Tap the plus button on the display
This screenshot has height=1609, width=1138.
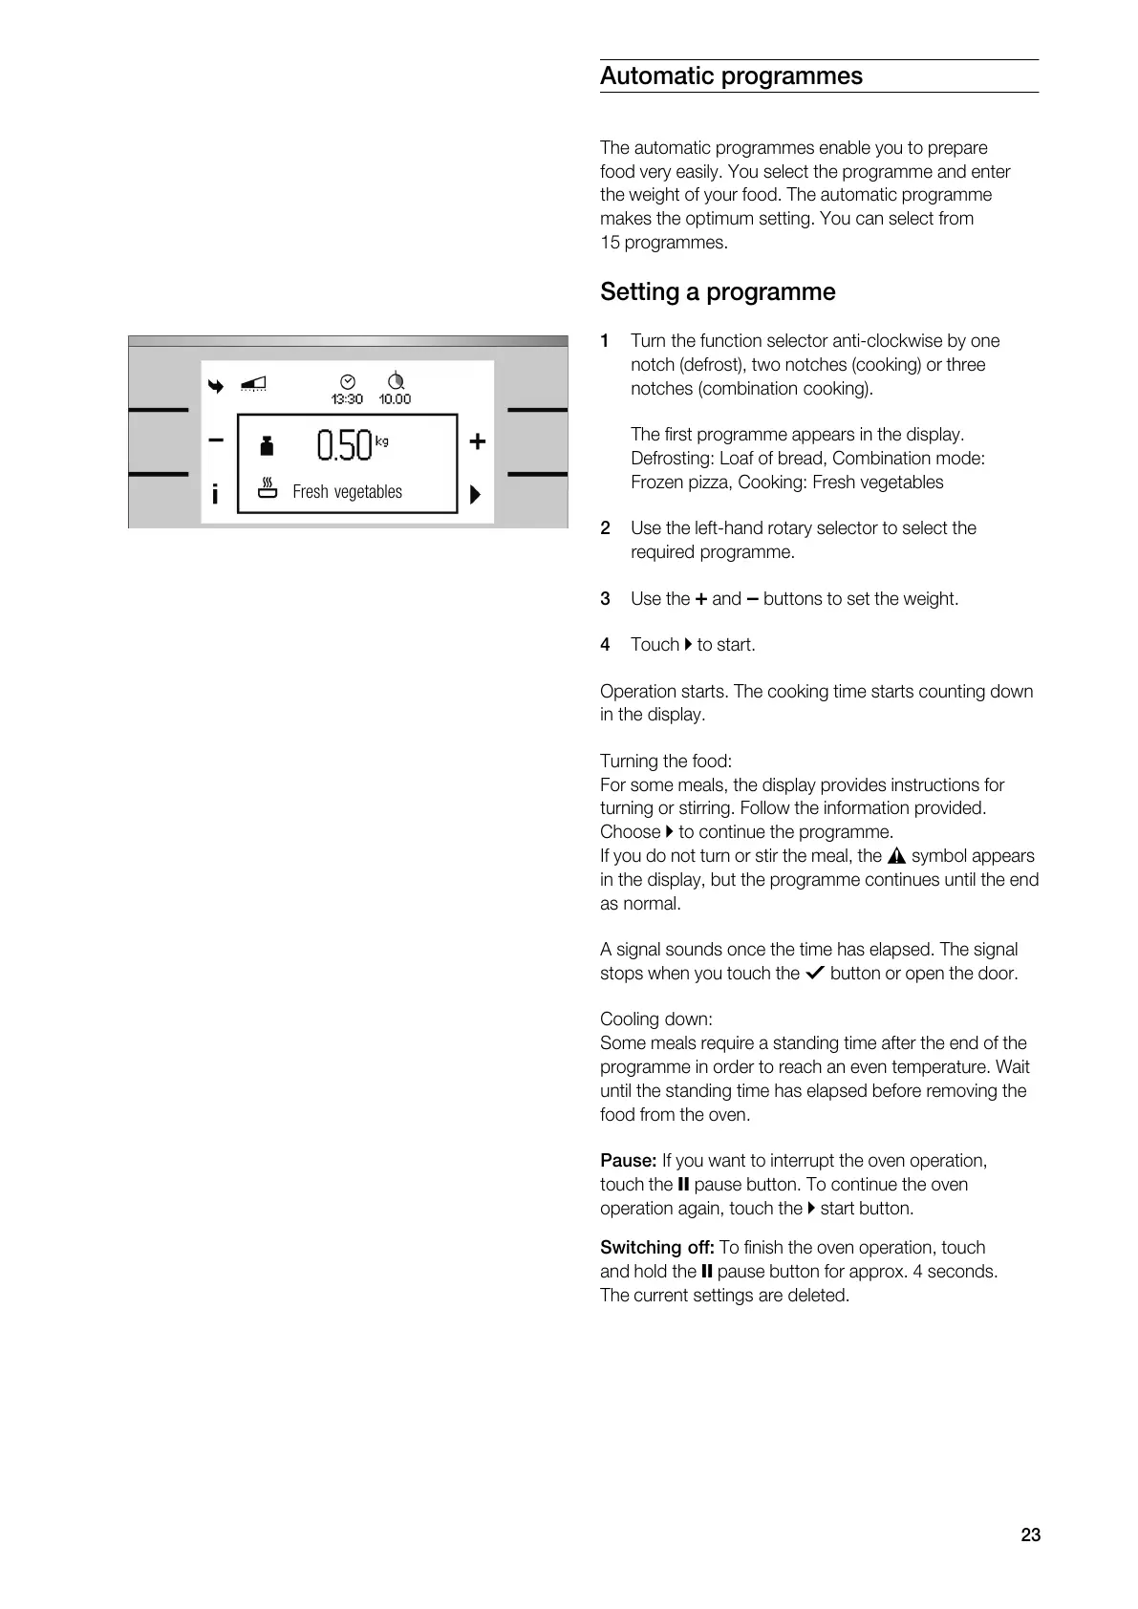478,441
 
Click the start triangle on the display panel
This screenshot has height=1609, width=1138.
475,495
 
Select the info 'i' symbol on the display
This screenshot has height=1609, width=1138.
215,494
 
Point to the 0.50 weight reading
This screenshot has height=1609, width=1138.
343,445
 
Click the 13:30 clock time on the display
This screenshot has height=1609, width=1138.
347,399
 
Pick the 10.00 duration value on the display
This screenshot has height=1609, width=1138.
395,399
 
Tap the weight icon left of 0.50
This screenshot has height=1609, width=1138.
268,445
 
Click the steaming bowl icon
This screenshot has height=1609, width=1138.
268,488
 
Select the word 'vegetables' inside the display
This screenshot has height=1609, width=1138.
368,492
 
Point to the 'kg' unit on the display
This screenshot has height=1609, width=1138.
382,440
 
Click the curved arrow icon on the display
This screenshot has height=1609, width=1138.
217,386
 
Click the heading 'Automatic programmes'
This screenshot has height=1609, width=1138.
731,76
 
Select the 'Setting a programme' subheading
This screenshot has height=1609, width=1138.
718,292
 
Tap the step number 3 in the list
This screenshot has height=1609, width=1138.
605,599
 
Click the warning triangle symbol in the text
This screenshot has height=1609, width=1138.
896,856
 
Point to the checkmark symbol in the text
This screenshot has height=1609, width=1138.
815,974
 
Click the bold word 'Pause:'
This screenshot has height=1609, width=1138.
628,1161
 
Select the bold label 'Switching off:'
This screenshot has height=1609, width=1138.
656,1248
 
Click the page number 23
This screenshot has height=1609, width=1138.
1030,1534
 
